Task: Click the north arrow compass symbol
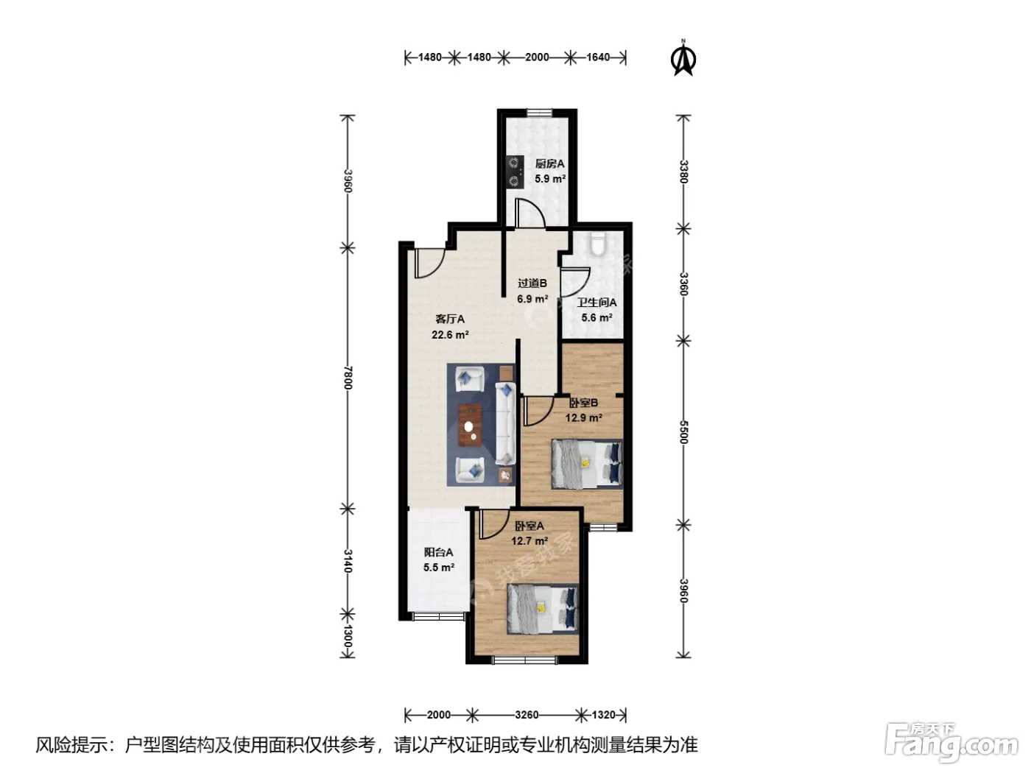coord(683,57)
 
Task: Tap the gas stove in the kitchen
coord(515,172)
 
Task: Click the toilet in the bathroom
coord(597,244)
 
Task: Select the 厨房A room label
coord(549,163)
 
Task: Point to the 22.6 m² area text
coord(450,335)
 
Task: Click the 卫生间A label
coord(597,303)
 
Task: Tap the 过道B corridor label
coord(532,283)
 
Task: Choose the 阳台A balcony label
coord(438,552)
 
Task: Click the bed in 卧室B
coord(587,465)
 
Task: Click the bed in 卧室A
coord(543,610)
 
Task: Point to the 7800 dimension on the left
coord(348,378)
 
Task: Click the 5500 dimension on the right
coord(683,432)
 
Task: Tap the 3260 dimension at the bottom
coord(527,715)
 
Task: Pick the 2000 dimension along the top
coord(537,57)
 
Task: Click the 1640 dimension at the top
coord(598,57)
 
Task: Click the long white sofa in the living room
coord(505,423)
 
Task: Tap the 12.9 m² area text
coord(584,417)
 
